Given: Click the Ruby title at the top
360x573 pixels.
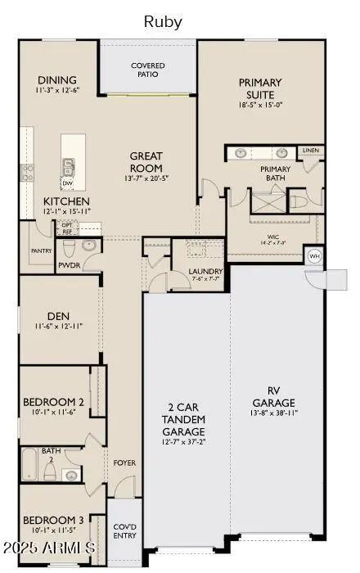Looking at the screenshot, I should pos(163,21).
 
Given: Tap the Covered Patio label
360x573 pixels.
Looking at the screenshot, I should pos(148,70).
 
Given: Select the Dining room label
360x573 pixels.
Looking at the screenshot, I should pos(56,80).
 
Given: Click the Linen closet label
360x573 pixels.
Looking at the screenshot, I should pos(311,151).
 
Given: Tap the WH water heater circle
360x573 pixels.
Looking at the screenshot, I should pos(313,255).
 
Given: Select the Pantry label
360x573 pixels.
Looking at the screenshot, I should pos(41,250).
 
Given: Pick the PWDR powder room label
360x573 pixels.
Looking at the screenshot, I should pos(69,266).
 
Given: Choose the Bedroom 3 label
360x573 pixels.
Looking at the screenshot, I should pos(53,520).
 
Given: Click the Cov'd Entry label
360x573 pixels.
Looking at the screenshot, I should pos(124,531).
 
